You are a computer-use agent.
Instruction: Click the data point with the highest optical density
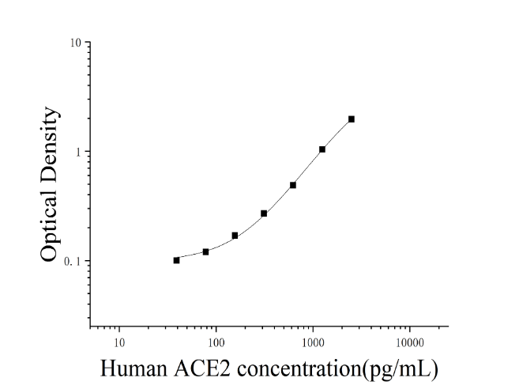pyautogui.click(x=352, y=119)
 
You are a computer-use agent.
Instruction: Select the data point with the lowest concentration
pyautogui.click(x=176, y=260)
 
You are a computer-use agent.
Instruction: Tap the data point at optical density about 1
pyautogui.click(x=322, y=149)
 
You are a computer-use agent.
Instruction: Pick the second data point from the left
pyautogui.click(x=205, y=252)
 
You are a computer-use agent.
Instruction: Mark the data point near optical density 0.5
pyautogui.click(x=293, y=185)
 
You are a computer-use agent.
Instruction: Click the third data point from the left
pyautogui.click(x=235, y=236)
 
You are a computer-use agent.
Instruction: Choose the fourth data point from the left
pyautogui.click(x=264, y=213)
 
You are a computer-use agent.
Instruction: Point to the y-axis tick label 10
pyautogui.click(x=76, y=43)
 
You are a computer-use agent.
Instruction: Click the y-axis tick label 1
pyautogui.click(x=78, y=152)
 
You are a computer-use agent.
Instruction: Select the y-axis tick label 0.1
pyautogui.click(x=73, y=262)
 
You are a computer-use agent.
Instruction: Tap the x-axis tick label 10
pyautogui.click(x=119, y=342)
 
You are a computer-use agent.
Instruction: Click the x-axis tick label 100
pyautogui.click(x=216, y=342)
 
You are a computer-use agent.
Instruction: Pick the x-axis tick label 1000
pyautogui.click(x=313, y=342)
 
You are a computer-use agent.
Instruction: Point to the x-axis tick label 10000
pyautogui.click(x=410, y=342)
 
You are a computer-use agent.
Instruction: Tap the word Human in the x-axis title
pyautogui.click(x=134, y=368)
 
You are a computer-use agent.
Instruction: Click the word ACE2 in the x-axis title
pyautogui.click(x=202, y=368)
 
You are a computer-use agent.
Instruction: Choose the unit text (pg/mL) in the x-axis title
pyautogui.click(x=401, y=369)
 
